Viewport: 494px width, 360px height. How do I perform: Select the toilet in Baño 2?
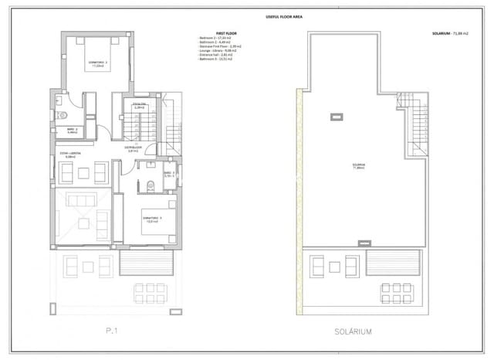point(60,114)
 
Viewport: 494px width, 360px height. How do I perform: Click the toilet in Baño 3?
point(150,183)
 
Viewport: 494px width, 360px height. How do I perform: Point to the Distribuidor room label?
point(134,148)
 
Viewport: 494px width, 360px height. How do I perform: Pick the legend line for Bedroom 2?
point(216,39)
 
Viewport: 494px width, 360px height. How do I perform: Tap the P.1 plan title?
point(117,331)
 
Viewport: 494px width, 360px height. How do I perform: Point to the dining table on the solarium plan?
point(396,293)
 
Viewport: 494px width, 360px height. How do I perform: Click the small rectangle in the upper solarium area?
point(336,117)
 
